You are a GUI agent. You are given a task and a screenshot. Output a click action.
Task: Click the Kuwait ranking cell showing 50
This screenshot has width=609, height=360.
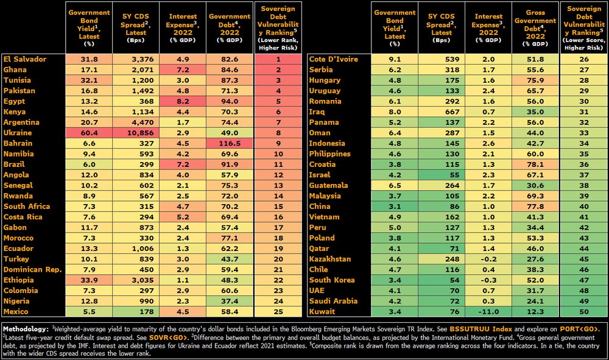(x=583, y=311)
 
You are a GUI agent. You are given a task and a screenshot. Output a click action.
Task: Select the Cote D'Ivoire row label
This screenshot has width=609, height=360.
(x=333, y=59)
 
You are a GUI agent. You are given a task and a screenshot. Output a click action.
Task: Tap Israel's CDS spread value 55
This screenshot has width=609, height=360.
(x=439, y=175)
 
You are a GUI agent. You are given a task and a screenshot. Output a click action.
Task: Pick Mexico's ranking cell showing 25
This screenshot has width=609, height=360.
(x=278, y=311)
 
